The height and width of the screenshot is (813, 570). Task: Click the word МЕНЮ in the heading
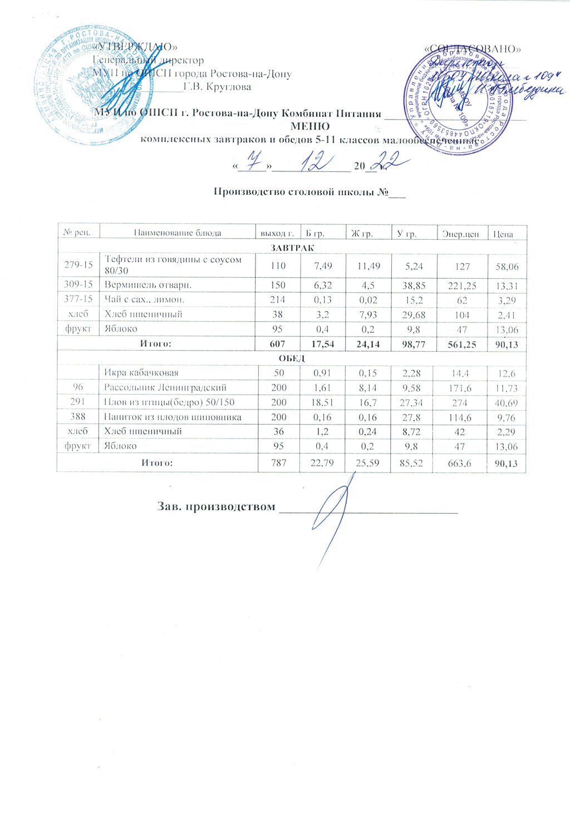(310, 126)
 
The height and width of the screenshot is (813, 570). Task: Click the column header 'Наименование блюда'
(178, 233)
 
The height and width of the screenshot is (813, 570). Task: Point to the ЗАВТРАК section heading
(293, 247)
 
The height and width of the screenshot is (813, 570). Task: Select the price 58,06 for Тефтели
(507, 267)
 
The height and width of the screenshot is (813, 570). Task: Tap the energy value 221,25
(463, 285)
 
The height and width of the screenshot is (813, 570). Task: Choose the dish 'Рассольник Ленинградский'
(165, 387)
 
